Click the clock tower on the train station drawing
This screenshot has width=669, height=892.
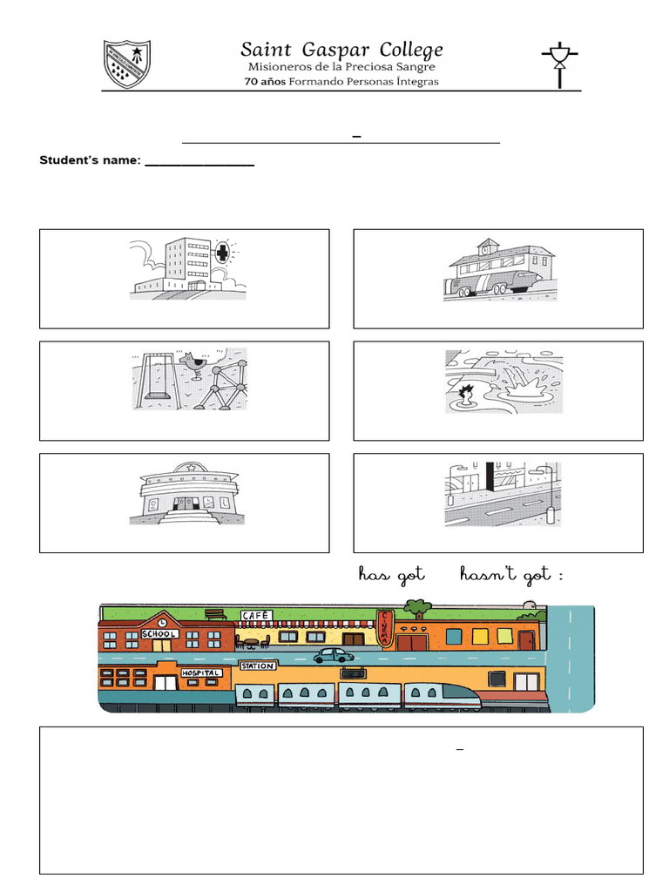(487, 247)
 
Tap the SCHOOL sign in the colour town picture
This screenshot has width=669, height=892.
(159, 634)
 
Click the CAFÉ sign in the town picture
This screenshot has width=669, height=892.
(256, 616)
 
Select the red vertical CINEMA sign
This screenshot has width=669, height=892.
(385, 630)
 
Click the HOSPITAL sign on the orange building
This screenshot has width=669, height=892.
(200, 673)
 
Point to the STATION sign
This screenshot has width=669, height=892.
(257, 666)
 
